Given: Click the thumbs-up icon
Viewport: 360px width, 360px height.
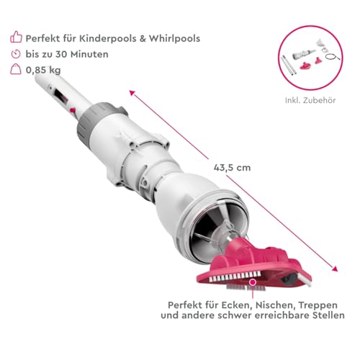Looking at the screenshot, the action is (x=16, y=37).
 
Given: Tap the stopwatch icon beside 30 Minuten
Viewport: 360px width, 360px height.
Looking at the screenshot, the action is (x=16, y=54).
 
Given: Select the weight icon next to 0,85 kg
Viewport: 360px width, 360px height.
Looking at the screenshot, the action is (x=16, y=69).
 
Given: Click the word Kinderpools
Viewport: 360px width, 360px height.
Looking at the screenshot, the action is (x=108, y=38).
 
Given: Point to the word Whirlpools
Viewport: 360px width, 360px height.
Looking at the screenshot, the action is (x=174, y=38).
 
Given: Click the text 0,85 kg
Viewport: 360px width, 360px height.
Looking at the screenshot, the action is (x=43, y=70).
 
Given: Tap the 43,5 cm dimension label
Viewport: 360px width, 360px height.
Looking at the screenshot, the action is (x=232, y=168).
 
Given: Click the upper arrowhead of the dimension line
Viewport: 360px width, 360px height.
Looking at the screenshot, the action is (x=132, y=93).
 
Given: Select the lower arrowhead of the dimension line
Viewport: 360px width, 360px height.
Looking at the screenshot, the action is (x=336, y=269).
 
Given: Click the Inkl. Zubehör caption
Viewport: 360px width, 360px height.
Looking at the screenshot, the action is (x=310, y=100).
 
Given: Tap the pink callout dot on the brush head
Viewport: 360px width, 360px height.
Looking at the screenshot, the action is (x=253, y=282).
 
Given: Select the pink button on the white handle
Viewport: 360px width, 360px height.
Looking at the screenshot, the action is (x=72, y=110).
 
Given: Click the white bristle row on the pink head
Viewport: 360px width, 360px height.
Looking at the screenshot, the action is (x=235, y=276).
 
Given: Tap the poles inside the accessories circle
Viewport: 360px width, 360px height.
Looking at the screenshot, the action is (x=289, y=65).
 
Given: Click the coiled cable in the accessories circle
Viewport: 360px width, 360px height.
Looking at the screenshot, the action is (x=333, y=57).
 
